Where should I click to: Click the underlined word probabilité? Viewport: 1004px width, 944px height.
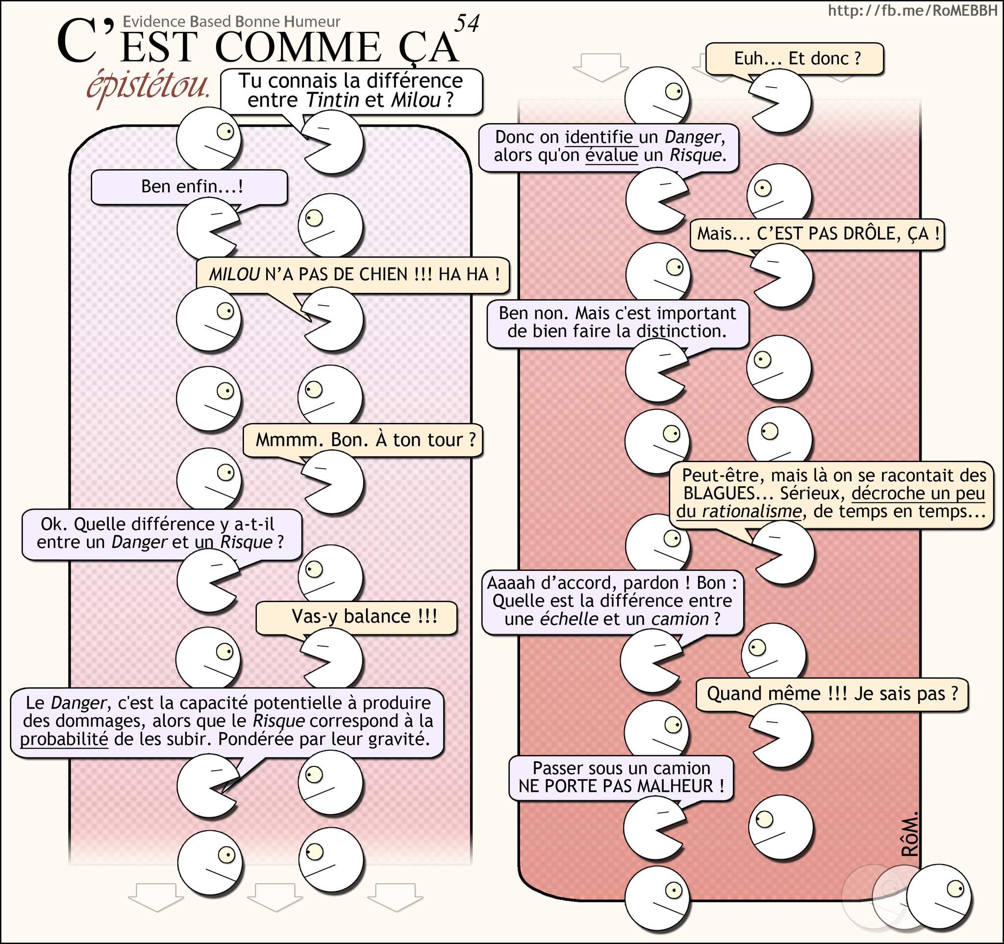pyautogui.click(x=64, y=739)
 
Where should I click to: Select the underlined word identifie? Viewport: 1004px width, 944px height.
pyautogui.click(x=599, y=137)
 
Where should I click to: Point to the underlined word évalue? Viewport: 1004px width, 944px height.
pyautogui.click(x=611, y=155)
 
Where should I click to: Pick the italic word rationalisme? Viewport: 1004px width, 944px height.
pyautogui.click(x=751, y=511)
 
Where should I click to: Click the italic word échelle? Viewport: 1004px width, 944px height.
pyautogui.click(x=569, y=619)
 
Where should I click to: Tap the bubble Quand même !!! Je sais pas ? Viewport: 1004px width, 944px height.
pyautogui.click(x=832, y=694)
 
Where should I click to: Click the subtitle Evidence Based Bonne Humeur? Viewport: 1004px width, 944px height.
pyautogui.click(x=231, y=22)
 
